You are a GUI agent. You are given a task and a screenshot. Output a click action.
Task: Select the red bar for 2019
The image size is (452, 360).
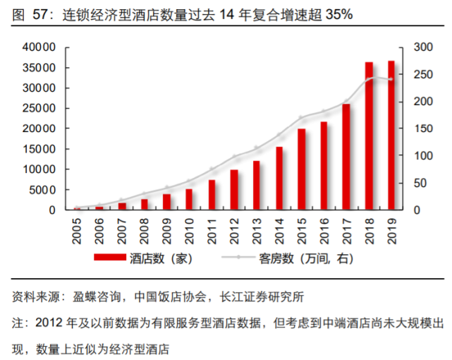pyautogui.click(x=391, y=135)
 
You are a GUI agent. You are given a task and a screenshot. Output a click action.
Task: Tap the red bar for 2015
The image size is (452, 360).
pyautogui.click(x=302, y=169)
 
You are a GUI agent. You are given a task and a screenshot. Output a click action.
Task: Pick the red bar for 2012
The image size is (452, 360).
pyautogui.click(x=234, y=189)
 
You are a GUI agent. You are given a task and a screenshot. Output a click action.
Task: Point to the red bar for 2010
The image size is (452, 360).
pyautogui.click(x=189, y=199)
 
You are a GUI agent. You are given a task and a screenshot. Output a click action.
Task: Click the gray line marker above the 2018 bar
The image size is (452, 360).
pyautogui.click(x=369, y=78)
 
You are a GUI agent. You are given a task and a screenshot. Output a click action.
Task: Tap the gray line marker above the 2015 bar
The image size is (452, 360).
pyautogui.click(x=302, y=117)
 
